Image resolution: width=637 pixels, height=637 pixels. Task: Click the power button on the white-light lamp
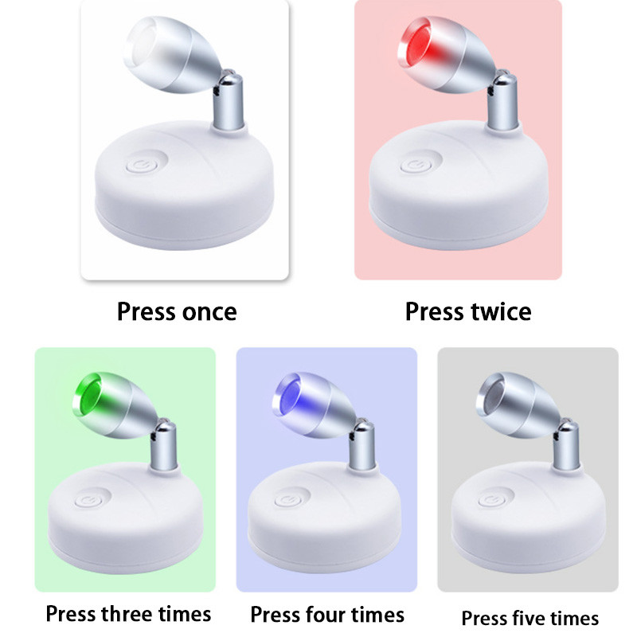[x=142, y=166]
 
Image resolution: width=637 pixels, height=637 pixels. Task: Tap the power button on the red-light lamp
[x=416, y=166]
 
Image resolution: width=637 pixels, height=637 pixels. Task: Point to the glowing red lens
[x=419, y=43]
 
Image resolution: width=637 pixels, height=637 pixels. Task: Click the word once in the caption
[x=209, y=312]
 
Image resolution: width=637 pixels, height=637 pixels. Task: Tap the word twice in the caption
[x=501, y=311]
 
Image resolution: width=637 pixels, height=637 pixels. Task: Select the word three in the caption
[x=127, y=613]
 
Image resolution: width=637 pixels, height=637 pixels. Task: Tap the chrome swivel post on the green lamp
[x=163, y=446]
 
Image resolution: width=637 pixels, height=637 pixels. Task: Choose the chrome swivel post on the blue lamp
[x=362, y=446]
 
